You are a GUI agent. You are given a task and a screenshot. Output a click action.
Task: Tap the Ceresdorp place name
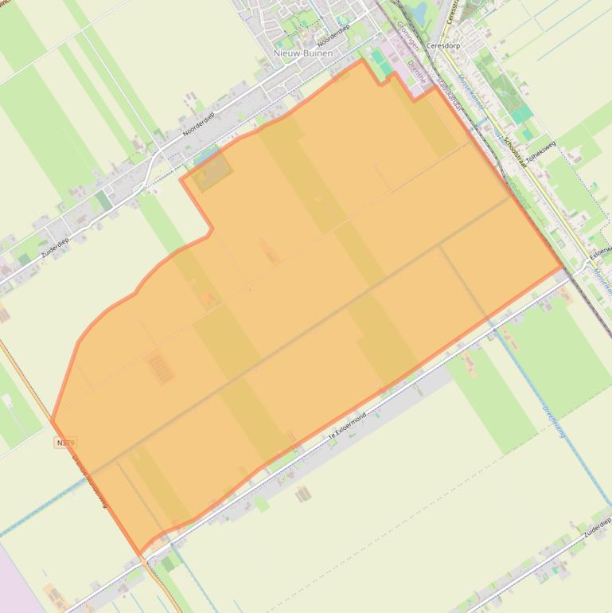click(443, 46)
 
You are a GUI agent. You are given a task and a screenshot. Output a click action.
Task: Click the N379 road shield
click(66, 442)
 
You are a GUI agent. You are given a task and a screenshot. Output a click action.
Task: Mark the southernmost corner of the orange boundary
click(141, 554)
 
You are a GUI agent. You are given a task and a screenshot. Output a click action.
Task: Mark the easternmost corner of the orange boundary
click(563, 268)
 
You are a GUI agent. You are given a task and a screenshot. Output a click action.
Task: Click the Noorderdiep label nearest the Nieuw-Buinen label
click(333, 33)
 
